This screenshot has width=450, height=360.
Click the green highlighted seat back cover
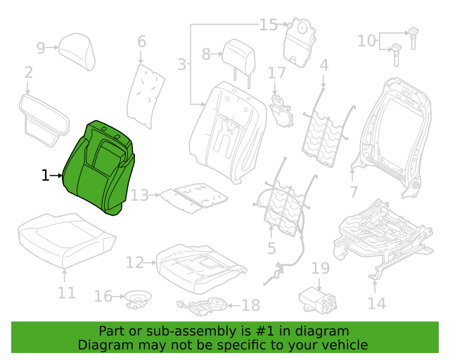tap(98, 168)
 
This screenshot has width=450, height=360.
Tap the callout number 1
tap(45, 175)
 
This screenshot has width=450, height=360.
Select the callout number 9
tap(41, 48)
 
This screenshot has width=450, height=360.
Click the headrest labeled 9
tap(77, 51)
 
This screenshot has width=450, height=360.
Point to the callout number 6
tap(141, 41)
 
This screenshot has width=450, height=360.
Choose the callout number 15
tap(269, 25)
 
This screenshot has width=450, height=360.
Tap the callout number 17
tap(276, 73)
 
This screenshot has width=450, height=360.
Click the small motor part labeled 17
tap(281, 111)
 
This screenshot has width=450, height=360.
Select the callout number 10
tap(366, 41)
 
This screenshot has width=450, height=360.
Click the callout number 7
tap(354, 192)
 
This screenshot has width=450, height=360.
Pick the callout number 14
tap(377, 303)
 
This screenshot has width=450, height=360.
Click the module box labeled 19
tap(318, 300)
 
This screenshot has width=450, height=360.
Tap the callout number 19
tap(321, 269)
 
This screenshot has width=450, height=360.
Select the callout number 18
tap(251, 305)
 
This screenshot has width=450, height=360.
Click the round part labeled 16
tap(139, 299)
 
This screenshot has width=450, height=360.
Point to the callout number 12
tap(134, 263)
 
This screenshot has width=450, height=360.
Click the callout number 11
tap(67, 292)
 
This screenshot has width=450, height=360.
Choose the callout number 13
tap(139, 195)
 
